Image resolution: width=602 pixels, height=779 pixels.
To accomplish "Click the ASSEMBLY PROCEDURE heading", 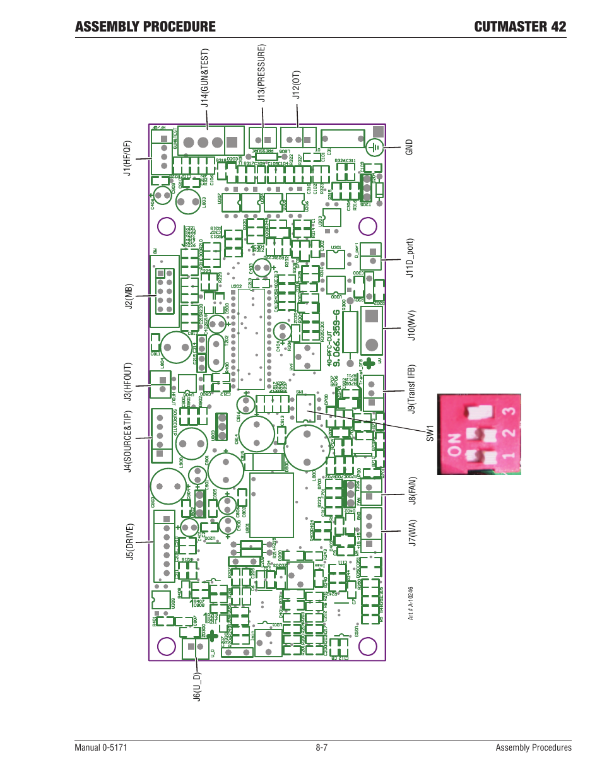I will [x=145, y=26].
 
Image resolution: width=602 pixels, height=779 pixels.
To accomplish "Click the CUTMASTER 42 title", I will [x=520, y=26].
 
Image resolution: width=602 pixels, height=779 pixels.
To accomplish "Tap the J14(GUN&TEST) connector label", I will [x=204, y=78].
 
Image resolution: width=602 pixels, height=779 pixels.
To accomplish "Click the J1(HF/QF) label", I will [x=127, y=158].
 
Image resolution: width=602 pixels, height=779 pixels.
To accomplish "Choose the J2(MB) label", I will [x=128, y=296].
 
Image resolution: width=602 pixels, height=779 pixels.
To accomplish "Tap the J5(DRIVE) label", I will [x=129, y=541].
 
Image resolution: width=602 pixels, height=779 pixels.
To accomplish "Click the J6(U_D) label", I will [x=197, y=686].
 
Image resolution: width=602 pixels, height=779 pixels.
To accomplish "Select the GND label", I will [x=409, y=148].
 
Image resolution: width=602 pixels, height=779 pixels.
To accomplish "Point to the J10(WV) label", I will [x=411, y=325].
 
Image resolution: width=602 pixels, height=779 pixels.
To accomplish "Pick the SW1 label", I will [x=430, y=433].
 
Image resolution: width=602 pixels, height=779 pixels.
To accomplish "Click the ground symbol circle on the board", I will [x=375, y=148].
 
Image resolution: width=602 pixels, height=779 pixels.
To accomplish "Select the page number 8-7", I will [x=322, y=747].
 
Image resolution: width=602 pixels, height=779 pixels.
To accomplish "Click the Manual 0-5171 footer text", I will [x=101, y=747].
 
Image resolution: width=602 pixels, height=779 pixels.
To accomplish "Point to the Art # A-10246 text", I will [x=410, y=604].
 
